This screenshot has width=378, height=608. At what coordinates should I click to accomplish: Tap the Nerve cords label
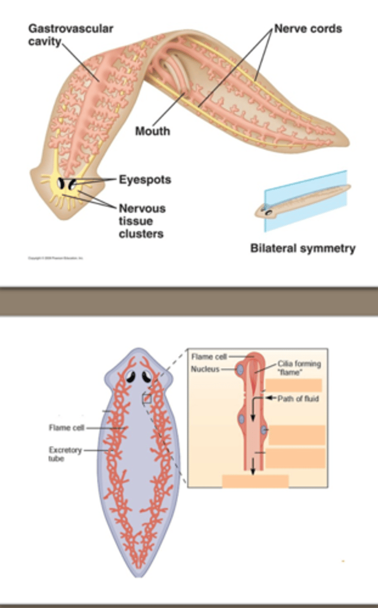308,28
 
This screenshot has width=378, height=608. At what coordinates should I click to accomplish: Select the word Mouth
153,132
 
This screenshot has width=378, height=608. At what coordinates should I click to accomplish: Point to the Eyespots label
145,179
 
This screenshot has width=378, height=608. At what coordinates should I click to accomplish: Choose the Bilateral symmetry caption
303,248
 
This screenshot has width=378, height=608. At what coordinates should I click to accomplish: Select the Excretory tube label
65,454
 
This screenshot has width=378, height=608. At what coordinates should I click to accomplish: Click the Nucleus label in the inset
205,369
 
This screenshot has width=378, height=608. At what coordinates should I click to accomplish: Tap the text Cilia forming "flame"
299,367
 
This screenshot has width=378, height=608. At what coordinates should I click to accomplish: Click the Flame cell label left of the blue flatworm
66,428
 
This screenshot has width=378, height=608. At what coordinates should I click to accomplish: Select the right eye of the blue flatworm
148,376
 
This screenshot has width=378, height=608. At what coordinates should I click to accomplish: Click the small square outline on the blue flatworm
147,399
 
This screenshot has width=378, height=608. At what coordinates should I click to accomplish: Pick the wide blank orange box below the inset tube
255,481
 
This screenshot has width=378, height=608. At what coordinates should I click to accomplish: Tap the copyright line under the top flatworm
56,258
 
